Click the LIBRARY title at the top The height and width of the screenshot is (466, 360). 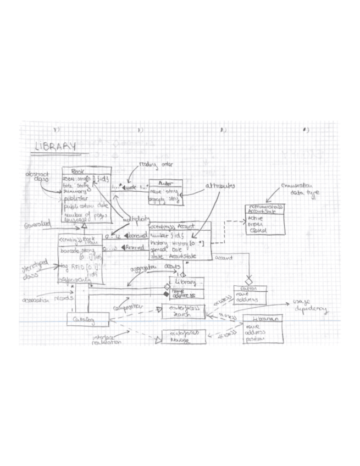(54, 147)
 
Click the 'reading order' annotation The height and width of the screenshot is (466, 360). (152, 164)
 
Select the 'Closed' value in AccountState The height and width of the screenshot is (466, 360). (258, 230)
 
